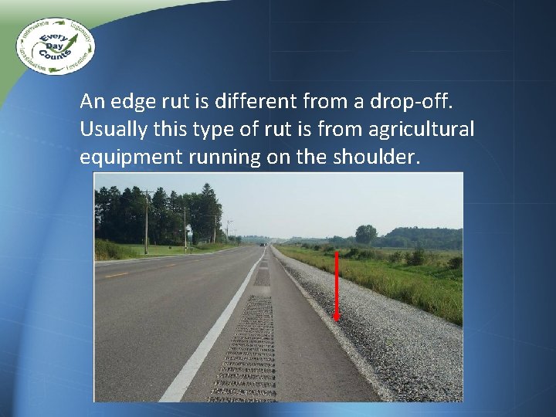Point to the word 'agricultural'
point(424,129)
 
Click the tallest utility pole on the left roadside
point(146,220)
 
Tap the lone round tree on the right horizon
point(365,233)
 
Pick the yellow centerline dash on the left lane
point(117,275)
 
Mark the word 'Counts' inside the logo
point(59,56)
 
